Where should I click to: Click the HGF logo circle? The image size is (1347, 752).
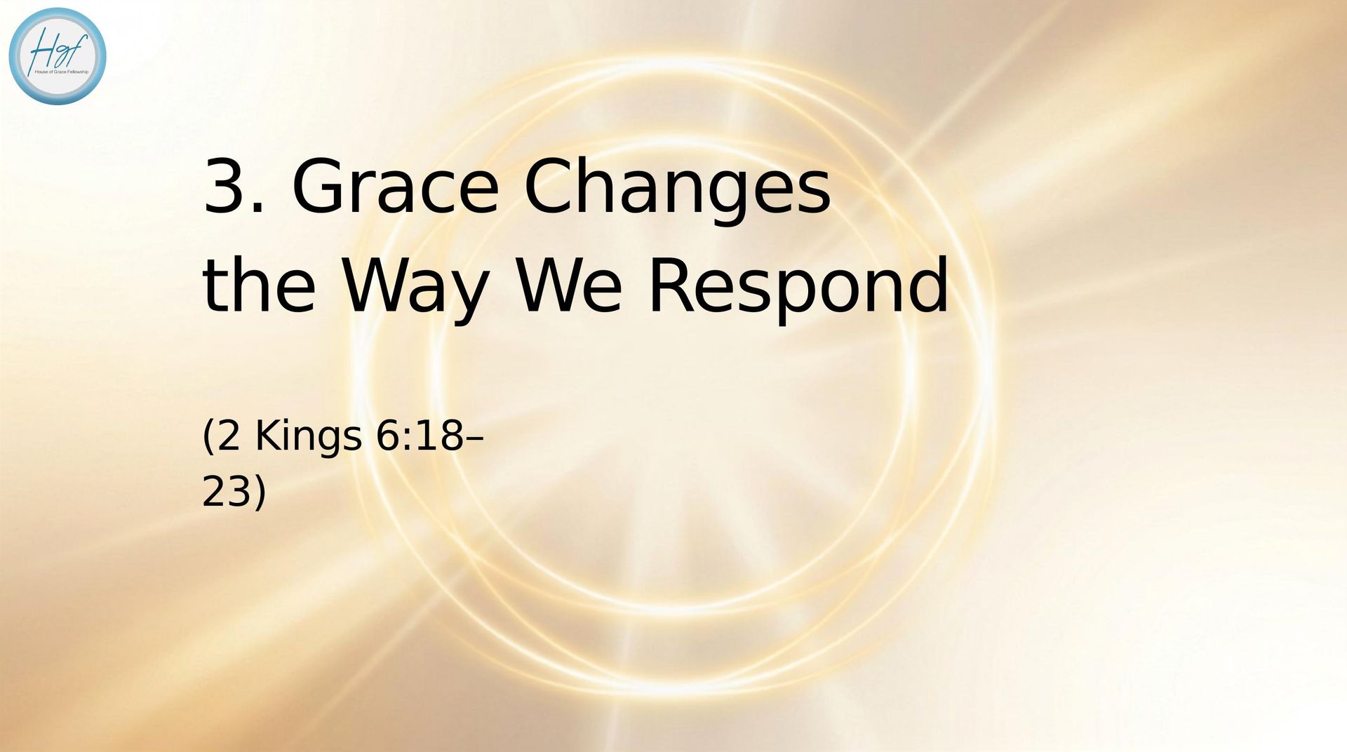click(58, 56)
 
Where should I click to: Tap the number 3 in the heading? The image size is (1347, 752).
click(226, 186)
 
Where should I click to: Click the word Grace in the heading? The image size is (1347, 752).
click(395, 186)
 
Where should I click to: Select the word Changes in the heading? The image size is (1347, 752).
click(678, 189)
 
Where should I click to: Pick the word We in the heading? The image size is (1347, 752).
click(569, 284)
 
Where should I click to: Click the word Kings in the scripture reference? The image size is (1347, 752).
click(309, 438)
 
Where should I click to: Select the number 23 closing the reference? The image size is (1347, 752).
click(227, 492)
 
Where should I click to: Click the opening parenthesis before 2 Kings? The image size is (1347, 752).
click(208, 437)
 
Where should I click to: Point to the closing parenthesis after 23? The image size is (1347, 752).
click(260, 493)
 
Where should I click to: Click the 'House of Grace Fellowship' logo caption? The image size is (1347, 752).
click(62, 72)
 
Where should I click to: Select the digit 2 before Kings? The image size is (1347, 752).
click(229, 436)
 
